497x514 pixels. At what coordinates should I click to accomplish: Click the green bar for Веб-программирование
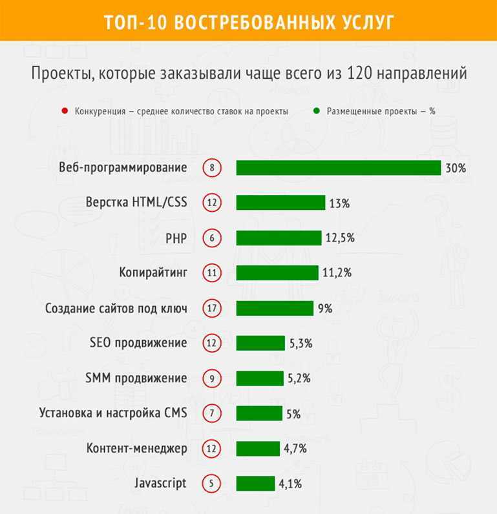point(338,168)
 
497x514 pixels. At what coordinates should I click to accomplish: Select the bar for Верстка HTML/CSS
point(280,203)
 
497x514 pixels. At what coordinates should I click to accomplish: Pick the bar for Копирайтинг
point(277,272)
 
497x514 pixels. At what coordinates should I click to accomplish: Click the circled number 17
point(211,308)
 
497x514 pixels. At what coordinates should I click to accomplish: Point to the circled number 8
point(211,168)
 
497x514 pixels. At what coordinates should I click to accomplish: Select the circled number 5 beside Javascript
point(211,483)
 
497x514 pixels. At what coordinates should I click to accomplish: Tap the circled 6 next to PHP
point(211,238)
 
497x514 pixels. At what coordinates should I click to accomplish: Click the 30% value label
point(455,168)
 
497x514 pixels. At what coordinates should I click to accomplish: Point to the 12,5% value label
point(339,238)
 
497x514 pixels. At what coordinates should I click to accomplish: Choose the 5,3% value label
point(301,343)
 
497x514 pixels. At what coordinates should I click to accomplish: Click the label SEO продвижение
point(138,343)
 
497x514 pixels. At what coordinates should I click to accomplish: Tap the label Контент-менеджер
point(136,448)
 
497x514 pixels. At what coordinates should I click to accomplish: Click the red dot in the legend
point(64,111)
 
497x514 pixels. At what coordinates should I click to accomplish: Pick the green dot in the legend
point(316,111)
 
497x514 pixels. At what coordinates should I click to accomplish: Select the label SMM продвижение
point(136,378)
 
